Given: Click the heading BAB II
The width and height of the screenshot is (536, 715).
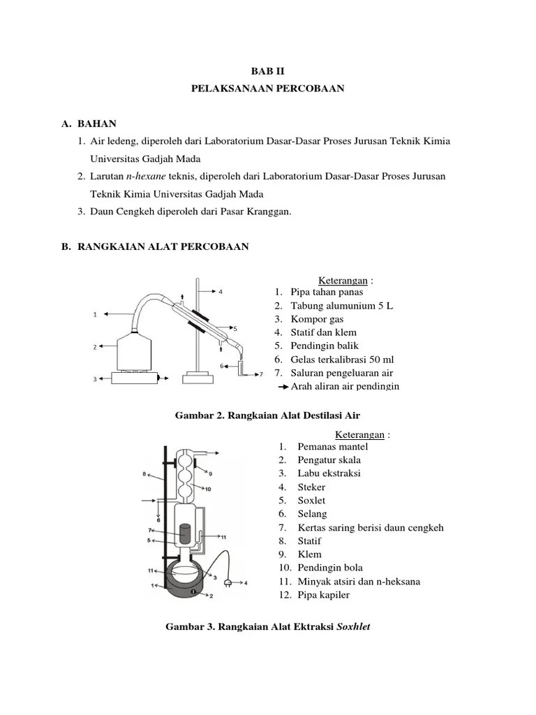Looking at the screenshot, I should pos(267,71).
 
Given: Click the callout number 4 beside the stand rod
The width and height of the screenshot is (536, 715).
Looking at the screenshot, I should pos(221,292).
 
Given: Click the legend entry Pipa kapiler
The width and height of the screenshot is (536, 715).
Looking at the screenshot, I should pos(323,595).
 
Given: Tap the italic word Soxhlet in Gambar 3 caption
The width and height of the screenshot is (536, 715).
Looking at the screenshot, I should pos(353,627).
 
